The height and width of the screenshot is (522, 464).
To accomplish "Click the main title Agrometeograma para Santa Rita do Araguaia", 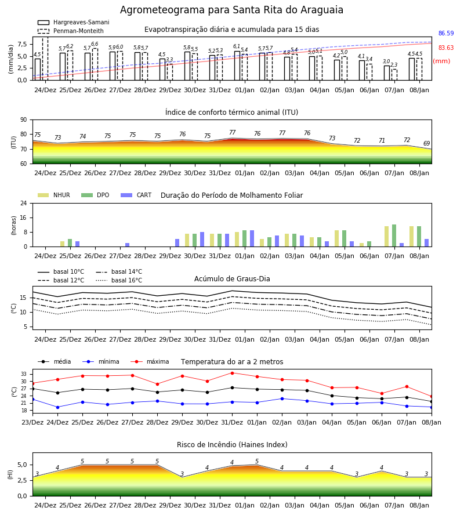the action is [x=231, y=10].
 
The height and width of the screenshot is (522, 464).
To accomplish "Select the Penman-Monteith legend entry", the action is [x=71, y=31].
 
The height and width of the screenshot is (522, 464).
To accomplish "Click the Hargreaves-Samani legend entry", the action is [x=74, y=22].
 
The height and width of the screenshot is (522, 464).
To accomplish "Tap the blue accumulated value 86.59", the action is [x=446, y=33].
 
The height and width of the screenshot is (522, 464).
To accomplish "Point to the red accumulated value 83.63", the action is [x=446, y=48].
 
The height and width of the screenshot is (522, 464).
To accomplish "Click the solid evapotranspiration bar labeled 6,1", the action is [x=237, y=66].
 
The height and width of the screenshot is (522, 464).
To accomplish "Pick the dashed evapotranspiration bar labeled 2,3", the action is [x=394, y=75].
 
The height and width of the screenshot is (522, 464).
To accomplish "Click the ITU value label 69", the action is [x=426, y=143].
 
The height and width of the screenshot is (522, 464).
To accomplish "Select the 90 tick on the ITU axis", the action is [x=24, y=120].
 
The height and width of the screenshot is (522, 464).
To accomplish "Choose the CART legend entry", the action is [x=136, y=195].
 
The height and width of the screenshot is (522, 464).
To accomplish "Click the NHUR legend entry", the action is [x=54, y=195].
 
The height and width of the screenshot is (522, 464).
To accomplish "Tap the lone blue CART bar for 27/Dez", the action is [x=128, y=245].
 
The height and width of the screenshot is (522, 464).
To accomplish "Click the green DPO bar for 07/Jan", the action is [x=394, y=235].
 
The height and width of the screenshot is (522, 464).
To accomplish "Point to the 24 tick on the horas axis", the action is [x=24, y=203].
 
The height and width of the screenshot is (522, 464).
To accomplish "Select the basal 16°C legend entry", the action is [x=119, y=280].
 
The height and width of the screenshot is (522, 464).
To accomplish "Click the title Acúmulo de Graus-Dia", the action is [x=232, y=279].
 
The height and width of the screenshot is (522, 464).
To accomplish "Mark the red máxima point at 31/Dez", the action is [x=233, y=373].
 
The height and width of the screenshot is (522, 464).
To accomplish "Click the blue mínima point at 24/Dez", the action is [x=57, y=407].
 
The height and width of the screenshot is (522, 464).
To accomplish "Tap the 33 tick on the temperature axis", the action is [x=24, y=374].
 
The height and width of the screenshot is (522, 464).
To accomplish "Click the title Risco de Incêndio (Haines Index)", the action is [x=232, y=445].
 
